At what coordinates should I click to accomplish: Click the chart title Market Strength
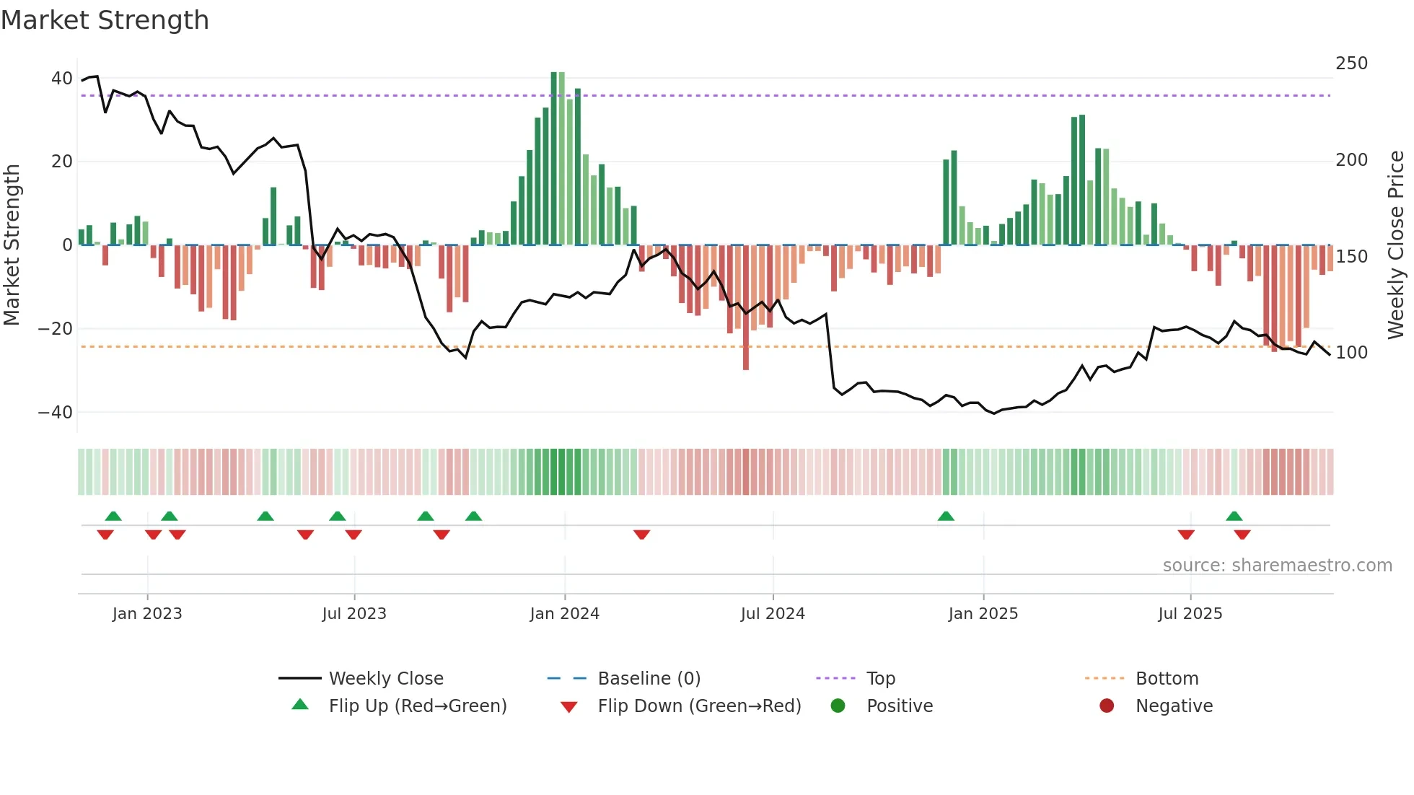tap(105, 20)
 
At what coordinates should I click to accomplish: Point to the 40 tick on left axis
tap(62, 78)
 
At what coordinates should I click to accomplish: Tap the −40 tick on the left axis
tap(56, 413)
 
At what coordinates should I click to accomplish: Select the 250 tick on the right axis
tap(1351, 63)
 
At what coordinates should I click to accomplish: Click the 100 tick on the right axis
tap(1351, 353)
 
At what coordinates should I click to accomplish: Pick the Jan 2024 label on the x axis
tap(564, 614)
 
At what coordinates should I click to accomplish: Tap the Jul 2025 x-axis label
tap(1190, 614)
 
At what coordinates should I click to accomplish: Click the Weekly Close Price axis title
tap(1396, 245)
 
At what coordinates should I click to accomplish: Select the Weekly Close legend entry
tap(385, 679)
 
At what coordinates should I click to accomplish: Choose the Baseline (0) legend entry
tap(649, 679)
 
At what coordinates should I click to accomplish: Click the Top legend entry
tap(880, 679)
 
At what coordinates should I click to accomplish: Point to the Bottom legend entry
tap(1167, 679)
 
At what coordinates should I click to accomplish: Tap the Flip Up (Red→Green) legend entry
tap(417, 706)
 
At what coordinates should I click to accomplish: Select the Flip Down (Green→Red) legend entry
tap(698, 706)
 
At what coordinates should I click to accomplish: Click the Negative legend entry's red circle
tap(1107, 706)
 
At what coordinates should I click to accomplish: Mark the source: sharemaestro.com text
tap(1277, 566)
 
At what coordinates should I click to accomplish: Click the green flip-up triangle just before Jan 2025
tap(946, 517)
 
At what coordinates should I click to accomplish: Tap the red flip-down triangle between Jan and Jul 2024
tap(642, 535)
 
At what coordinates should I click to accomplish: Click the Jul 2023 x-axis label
tap(354, 614)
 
